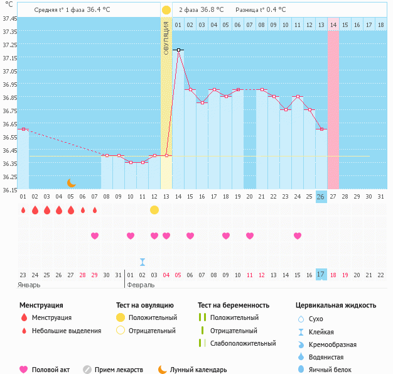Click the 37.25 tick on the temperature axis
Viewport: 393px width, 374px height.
click(9, 45)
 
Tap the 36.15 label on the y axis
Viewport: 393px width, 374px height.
click(9, 190)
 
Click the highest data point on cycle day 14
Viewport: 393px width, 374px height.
click(178, 50)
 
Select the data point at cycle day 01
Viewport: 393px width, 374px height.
click(23, 129)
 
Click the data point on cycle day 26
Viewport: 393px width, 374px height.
click(321, 129)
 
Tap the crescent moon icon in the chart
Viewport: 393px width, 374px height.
click(72, 182)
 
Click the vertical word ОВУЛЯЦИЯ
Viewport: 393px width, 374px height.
click(166, 38)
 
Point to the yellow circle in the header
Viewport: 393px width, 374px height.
click(166, 10)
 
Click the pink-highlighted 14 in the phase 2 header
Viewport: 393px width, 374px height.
click(333, 25)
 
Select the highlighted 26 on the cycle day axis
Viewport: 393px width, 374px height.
click(321, 197)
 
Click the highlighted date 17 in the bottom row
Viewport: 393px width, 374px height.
click(321, 275)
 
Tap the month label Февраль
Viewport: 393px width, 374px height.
click(141, 285)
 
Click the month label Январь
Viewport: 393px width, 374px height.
click(30, 285)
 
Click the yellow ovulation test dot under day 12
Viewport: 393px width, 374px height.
click(154, 209)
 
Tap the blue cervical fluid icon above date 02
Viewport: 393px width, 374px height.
click(143, 261)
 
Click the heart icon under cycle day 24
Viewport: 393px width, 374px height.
click(298, 236)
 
